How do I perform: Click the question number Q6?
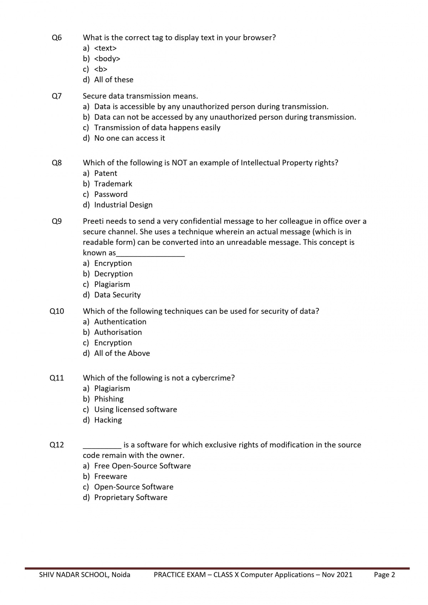coord(57,37)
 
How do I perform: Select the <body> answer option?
coord(107,59)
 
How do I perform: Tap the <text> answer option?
coord(105,48)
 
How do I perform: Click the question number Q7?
coord(57,96)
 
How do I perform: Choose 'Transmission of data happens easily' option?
coord(157,128)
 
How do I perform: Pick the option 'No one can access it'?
coord(129,138)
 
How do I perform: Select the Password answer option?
coord(111,194)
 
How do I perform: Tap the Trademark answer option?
coord(113,184)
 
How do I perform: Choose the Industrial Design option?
coord(123,205)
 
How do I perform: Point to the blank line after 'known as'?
coord(151,254)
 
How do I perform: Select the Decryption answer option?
coord(113,274)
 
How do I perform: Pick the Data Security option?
coord(117,295)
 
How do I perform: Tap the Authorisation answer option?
coord(118,332)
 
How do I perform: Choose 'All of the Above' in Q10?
coord(122,353)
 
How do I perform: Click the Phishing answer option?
coord(109,399)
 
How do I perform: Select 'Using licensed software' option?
coord(136,410)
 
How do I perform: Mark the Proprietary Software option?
coord(131,497)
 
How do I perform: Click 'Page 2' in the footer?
coord(384,575)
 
